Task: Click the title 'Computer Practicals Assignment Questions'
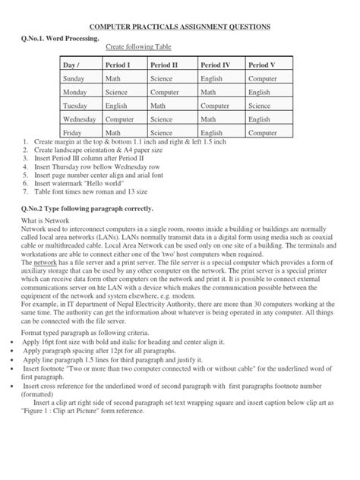pos(180,27)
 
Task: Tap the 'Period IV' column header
pos(216,65)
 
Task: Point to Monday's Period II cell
pos(165,92)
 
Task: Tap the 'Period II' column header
pos(165,65)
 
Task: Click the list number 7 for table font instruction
pos(27,192)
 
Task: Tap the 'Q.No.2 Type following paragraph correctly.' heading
pos(88,208)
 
